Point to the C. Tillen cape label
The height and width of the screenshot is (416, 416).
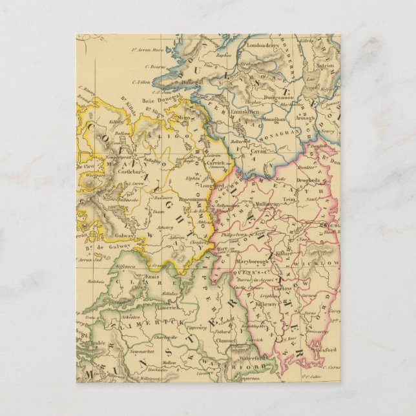click(142, 81)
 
